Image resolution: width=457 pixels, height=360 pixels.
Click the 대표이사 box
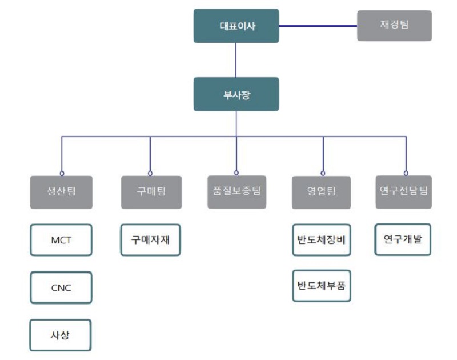pos(236,26)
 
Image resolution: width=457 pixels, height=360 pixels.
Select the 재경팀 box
pos(394,26)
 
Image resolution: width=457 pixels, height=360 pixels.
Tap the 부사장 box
pos(236,94)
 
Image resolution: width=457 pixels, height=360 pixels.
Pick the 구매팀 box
pos(151,192)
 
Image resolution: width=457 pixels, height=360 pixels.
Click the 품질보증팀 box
pos(236,191)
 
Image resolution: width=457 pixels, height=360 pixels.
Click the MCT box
pos(61,240)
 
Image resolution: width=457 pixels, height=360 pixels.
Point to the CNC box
pos(61,287)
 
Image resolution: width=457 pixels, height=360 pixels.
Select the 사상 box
pos(61,335)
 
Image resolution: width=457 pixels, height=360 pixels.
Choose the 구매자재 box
pos(151,240)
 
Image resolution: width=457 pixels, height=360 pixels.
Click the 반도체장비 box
pos(321,240)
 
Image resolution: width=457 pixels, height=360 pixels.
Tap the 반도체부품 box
pos(321,286)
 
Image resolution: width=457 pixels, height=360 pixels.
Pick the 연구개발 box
pos(403,239)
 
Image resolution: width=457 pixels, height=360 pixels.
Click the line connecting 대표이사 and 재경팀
pos(318,26)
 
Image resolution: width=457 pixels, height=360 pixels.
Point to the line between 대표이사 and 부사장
pos(236,60)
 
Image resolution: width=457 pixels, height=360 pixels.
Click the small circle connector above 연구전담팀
pos(406,173)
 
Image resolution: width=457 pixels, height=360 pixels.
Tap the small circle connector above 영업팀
pos(323,173)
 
